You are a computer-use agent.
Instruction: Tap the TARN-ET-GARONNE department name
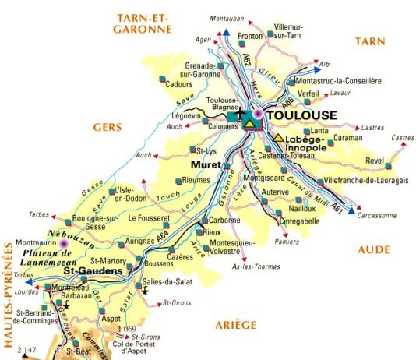tap(142, 23)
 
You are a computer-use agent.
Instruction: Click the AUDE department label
tap(376, 249)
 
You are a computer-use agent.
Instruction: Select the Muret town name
tap(207, 165)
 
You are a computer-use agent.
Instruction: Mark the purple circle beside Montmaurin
tap(65, 243)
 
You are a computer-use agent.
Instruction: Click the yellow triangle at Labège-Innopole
tap(278, 137)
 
